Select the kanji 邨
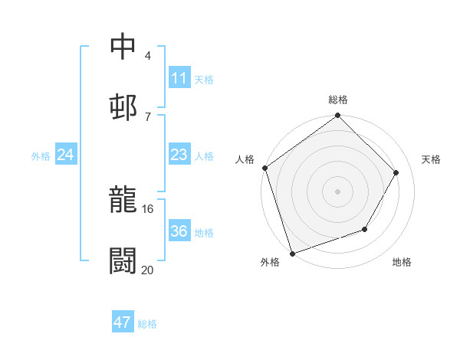[123, 106]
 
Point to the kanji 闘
[123, 260]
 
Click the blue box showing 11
[179, 78]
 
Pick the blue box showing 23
[179, 155]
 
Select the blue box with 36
[179, 231]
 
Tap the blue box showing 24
[65, 155]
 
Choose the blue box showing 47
[123, 322]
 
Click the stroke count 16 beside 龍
[148, 208]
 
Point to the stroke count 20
[148, 269]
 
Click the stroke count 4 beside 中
[147, 55]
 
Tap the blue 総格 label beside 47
[147, 324]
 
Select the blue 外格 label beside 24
[41, 156]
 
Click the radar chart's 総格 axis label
[338, 100]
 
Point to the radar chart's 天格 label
[432, 159]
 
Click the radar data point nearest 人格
[265, 168]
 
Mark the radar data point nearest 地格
[365, 229]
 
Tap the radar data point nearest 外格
[292, 253]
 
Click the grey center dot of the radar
[337, 191]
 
